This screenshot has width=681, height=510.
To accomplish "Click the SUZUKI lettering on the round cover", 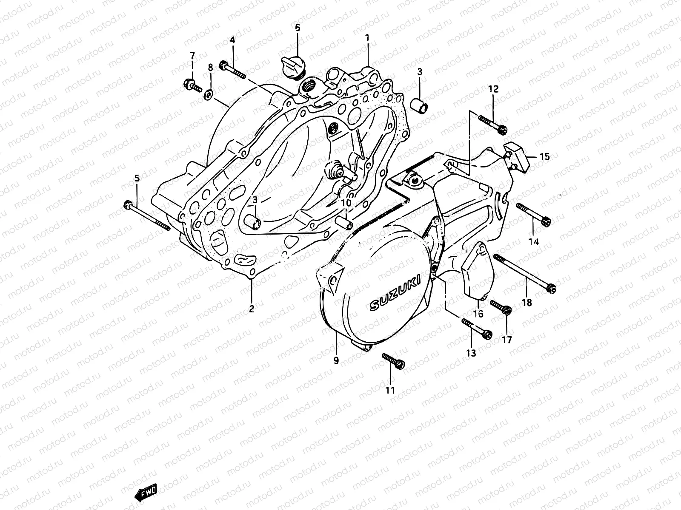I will pyautogui.click(x=394, y=293).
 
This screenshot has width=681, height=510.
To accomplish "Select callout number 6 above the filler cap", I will pyautogui.click(x=298, y=28).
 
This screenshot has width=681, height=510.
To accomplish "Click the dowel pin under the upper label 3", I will pyautogui.click(x=419, y=105).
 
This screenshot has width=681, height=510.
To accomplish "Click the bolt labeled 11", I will pyautogui.click(x=394, y=360).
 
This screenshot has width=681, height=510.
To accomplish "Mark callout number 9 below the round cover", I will pyautogui.click(x=336, y=361).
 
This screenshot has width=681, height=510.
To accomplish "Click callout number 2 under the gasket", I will pyautogui.click(x=252, y=309).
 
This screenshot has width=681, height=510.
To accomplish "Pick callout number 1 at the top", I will pyautogui.click(x=367, y=38).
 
